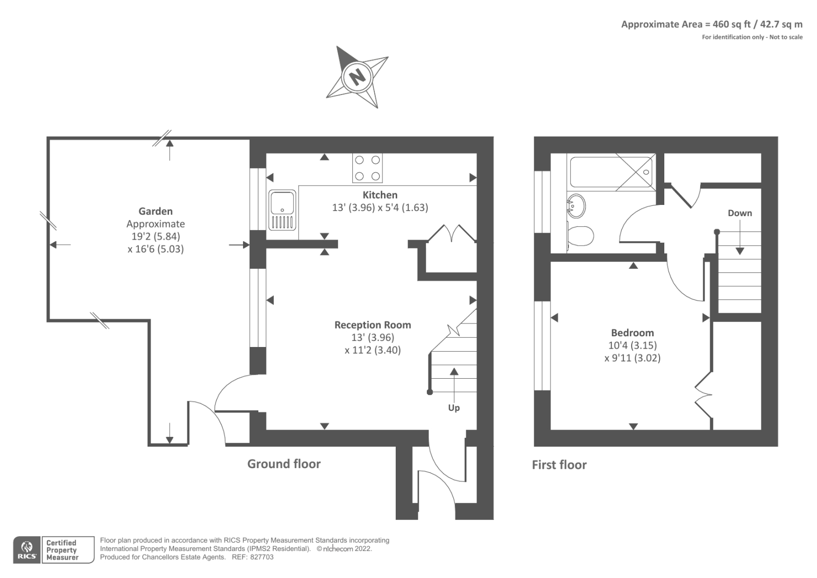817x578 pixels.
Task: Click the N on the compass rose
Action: click(357, 77)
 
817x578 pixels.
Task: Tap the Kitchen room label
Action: click(379, 195)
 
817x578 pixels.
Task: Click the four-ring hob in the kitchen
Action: click(367, 168)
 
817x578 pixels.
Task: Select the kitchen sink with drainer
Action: click(282, 210)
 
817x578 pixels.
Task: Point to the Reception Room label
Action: click(372, 325)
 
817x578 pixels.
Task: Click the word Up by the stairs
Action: click(453, 407)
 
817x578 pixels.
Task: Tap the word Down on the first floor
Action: click(739, 213)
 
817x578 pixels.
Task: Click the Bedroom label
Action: click(632, 333)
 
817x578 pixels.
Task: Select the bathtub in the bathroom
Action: click(611, 172)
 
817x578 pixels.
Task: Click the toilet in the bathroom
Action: click(581, 237)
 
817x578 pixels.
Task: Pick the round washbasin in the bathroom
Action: click(576, 206)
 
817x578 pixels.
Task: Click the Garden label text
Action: click(155, 211)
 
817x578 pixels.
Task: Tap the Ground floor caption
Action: click(284, 464)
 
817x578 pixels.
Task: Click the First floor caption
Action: click(559, 465)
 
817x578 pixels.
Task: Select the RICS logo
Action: click(27, 550)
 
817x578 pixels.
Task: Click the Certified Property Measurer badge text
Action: click(62, 550)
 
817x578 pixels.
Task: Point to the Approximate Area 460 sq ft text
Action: click(711, 24)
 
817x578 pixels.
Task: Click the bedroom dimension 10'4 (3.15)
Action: click(632, 345)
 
